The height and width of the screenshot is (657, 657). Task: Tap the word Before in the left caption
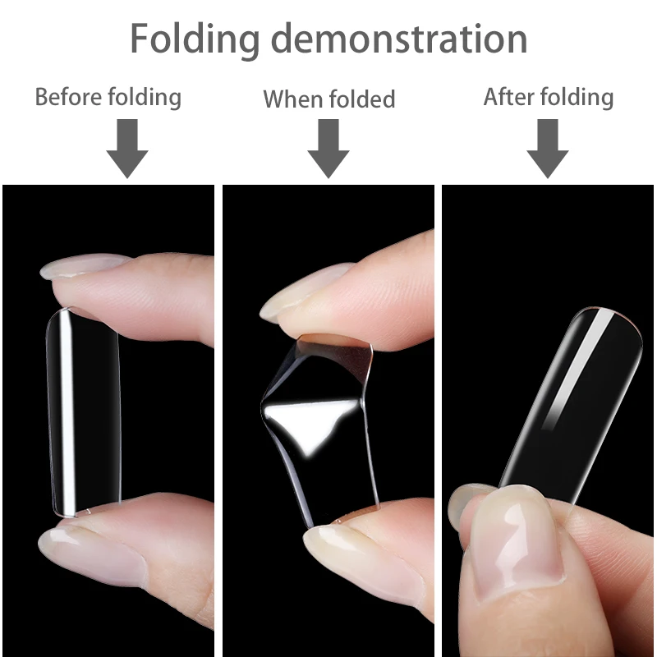click(68, 97)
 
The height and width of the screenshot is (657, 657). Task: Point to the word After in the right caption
click(509, 97)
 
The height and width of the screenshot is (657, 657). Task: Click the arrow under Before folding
click(127, 148)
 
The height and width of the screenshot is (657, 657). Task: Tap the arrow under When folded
click(328, 148)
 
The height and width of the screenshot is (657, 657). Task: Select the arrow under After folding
click(548, 148)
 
